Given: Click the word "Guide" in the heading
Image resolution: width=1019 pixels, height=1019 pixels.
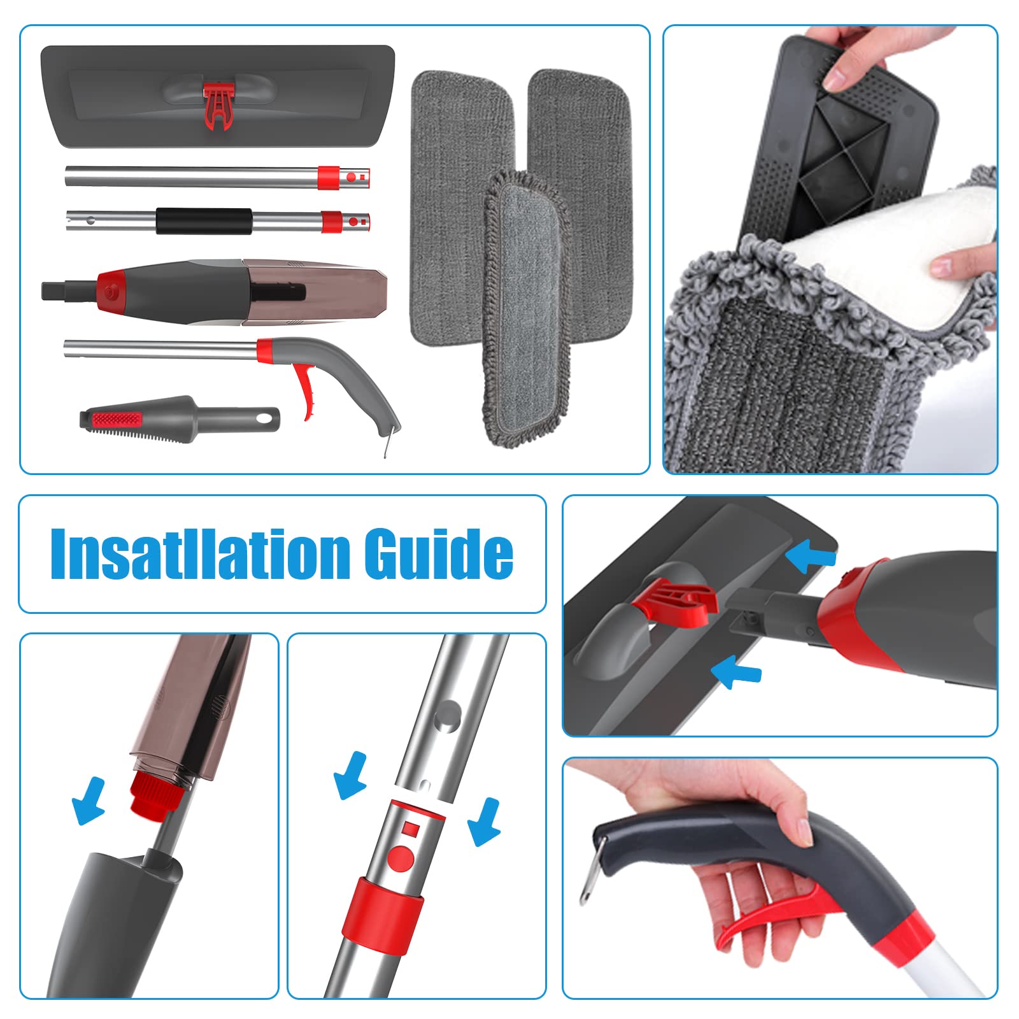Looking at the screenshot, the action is tap(439, 552).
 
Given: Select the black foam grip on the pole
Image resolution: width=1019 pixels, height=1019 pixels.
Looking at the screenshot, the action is tap(204, 221).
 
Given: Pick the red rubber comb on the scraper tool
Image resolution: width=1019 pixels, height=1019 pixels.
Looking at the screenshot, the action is tap(117, 420).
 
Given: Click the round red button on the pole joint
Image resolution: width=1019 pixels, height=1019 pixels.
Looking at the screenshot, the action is tap(401, 858).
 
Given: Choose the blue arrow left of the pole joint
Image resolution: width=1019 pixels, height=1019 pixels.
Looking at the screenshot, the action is tap(351, 776).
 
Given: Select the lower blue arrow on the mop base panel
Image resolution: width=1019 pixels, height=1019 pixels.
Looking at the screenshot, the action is tap(736, 673).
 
